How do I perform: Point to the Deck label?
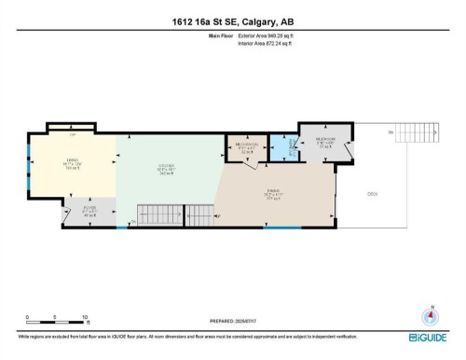[x=371, y=195]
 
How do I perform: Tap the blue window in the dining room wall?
[x=281, y=227]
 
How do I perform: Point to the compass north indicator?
[x=430, y=313]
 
